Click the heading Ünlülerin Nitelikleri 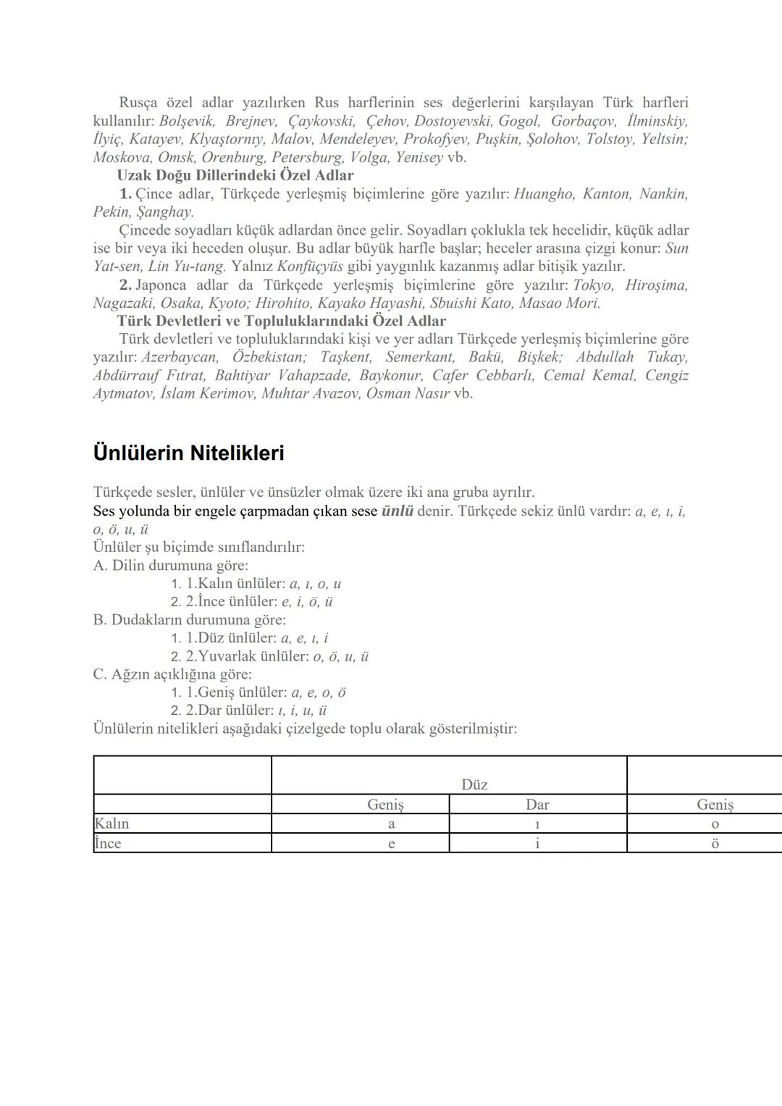188,453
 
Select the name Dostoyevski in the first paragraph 453,121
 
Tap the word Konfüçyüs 310,267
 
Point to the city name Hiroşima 656,285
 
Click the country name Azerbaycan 180,357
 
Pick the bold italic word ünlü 398,511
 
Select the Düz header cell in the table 474,784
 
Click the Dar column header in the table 537,804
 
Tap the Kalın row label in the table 112,824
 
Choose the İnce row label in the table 109,843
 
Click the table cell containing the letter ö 715,843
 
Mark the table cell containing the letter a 392,824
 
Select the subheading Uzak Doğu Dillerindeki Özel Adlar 235,175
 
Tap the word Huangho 544,194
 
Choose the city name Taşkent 346,357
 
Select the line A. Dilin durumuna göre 171,565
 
